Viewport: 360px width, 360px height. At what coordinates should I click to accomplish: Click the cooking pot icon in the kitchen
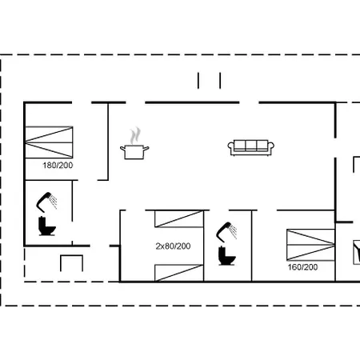coord(134,151)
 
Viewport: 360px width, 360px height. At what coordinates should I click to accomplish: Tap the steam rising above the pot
coord(136,133)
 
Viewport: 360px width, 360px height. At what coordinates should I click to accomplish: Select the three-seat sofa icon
coord(250,147)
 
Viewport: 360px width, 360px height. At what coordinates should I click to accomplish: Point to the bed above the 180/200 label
coord(50,142)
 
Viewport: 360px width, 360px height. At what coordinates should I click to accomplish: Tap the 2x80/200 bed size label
coord(172,246)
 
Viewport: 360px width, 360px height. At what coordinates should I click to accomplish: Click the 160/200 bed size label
coord(303,267)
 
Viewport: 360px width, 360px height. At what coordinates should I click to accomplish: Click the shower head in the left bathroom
coord(47,197)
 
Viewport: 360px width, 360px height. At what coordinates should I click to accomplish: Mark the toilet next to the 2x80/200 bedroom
coord(227,257)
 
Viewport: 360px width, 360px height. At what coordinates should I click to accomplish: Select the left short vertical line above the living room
coord(199,81)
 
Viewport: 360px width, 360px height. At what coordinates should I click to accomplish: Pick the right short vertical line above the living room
coord(219,81)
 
